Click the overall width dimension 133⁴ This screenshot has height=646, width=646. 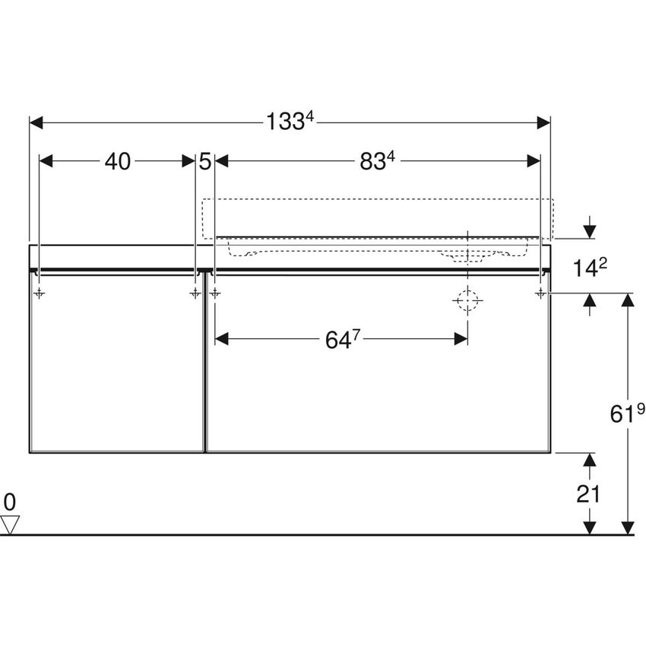click(x=289, y=121)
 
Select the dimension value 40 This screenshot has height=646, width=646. click(x=117, y=161)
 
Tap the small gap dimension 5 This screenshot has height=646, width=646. click(x=204, y=161)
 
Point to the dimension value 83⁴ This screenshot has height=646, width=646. click(x=378, y=161)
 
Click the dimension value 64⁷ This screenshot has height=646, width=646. click(x=341, y=340)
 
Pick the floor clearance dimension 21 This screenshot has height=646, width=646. click(x=588, y=494)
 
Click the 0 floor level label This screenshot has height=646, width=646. click(x=9, y=501)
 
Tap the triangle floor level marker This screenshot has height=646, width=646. click(x=9, y=524)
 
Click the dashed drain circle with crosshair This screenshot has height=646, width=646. click(x=467, y=302)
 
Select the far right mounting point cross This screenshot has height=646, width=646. click(x=540, y=293)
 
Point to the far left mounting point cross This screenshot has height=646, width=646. click(x=40, y=293)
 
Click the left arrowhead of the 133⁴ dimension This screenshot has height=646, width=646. click(x=35, y=122)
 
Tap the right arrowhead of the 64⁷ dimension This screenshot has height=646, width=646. click(x=461, y=339)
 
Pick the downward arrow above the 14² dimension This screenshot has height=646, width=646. click(x=589, y=231)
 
